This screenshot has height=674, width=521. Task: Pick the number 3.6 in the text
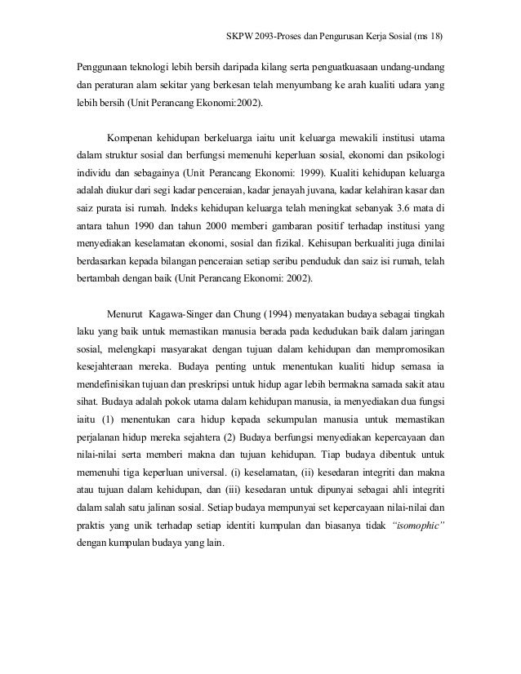coord(403,215)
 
